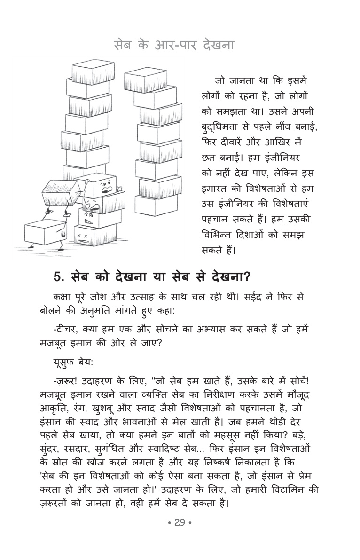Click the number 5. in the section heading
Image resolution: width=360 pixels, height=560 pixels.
tap(59, 277)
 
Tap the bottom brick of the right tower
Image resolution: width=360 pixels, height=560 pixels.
tap(156, 204)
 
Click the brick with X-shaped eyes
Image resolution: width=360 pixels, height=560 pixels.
tap(89, 234)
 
